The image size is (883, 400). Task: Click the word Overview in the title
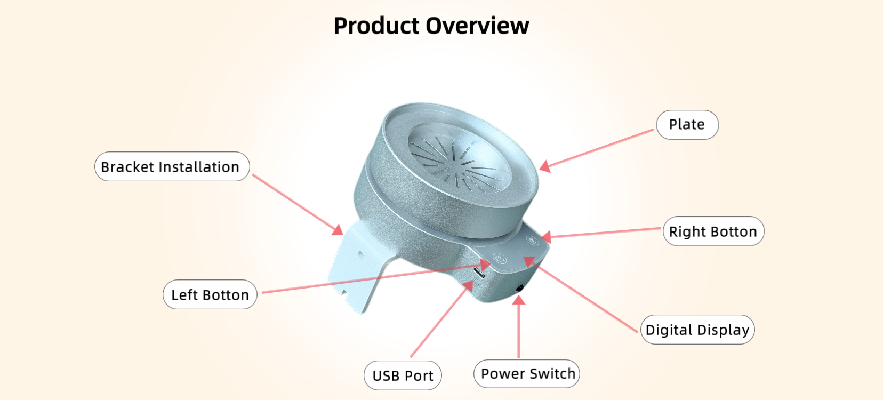(477, 26)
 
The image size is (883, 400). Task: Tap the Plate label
(687, 125)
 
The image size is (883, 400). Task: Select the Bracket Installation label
(172, 166)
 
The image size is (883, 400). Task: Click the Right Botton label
(713, 231)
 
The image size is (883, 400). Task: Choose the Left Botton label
(210, 295)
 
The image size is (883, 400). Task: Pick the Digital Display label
(697, 330)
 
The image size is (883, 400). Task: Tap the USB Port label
(403, 375)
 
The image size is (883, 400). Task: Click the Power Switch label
(527, 373)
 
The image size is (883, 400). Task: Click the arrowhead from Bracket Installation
(338, 229)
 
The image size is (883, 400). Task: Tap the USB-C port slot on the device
(479, 272)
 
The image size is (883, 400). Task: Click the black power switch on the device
(519, 289)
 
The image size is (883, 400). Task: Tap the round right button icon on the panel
(532, 240)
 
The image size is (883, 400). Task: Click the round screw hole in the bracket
(361, 255)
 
